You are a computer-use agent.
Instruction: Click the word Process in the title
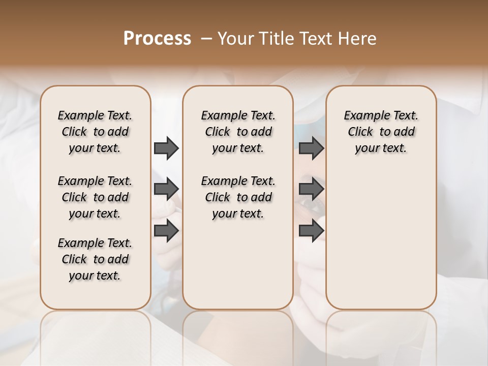coord(157,38)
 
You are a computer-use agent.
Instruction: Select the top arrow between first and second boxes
coord(166,148)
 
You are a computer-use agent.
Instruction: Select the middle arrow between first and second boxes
coord(166,189)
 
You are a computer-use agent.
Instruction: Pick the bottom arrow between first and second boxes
coord(166,230)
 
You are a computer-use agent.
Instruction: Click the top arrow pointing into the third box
coord(311,148)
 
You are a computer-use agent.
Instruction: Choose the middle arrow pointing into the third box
coord(311,189)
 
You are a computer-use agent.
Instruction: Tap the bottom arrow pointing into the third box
coord(311,230)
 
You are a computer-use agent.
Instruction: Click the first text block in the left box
coord(95,132)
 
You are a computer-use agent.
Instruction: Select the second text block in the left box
coord(95,197)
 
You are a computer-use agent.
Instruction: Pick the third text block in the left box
coord(95,259)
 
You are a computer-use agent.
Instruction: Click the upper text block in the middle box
coord(238,132)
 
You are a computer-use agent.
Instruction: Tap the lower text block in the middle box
coord(238,197)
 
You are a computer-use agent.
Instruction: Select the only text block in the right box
coord(381,132)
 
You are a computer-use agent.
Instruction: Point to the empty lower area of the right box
coord(381,239)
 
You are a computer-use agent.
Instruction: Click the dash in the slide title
coord(206,38)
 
